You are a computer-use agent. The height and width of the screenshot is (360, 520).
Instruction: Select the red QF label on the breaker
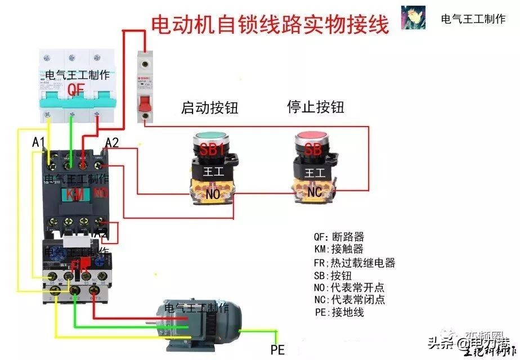(76, 89)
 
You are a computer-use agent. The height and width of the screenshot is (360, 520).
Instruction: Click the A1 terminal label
(38, 143)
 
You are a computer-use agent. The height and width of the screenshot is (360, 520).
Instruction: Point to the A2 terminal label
(112, 143)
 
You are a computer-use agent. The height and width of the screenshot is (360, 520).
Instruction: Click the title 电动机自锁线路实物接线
(270, 24)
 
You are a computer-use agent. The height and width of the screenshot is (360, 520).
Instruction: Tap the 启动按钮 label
(210, 107)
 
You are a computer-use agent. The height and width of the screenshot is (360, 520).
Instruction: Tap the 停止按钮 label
(315, 106)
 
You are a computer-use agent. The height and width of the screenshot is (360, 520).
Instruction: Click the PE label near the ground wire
(277, 349)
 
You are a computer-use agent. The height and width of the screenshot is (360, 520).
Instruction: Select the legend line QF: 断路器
(339, 237)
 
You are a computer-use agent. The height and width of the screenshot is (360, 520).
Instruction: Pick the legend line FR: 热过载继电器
(354, 263)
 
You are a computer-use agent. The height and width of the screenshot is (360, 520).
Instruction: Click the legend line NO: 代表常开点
(349, 287)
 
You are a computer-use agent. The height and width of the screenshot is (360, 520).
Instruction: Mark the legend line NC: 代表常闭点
(349, 300)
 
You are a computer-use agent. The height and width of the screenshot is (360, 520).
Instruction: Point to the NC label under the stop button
(315, 192)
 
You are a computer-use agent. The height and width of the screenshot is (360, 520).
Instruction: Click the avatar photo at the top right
(413, 18)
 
